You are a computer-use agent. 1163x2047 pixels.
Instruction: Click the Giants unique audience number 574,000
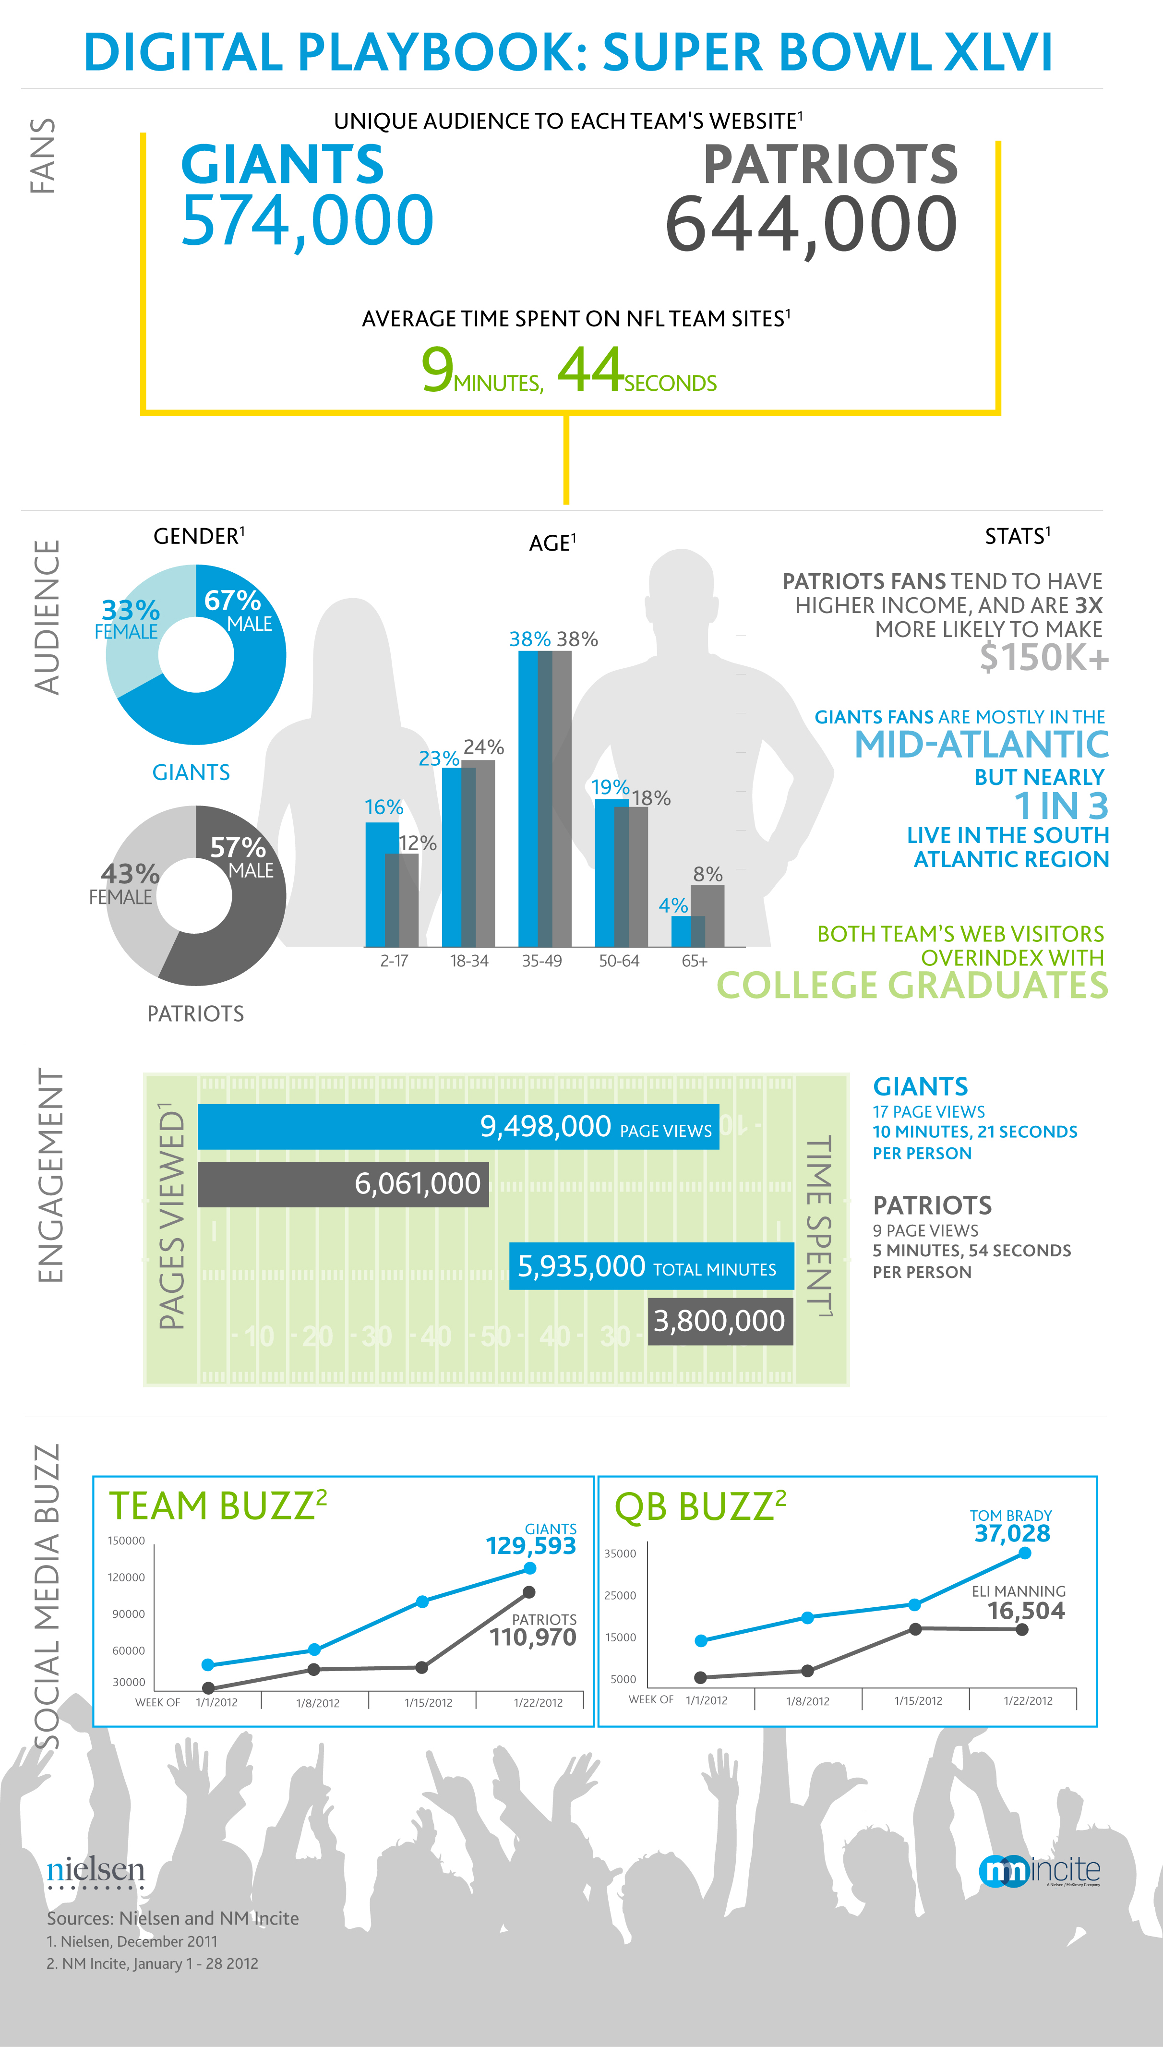click(x=308, y=220)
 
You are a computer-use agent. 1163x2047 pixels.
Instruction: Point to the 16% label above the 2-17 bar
click(x=384, y=807)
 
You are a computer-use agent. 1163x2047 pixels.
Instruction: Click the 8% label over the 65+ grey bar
click(x=707, y=874)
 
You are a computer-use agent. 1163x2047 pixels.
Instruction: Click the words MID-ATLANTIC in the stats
click(x=981, y=745)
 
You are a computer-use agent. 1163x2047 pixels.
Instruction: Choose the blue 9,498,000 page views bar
click(x=458, y=1127)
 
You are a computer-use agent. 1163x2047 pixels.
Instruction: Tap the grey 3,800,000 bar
click(x=719, y=1321)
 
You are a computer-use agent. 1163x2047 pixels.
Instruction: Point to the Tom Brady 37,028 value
click(x=1012, y=1533)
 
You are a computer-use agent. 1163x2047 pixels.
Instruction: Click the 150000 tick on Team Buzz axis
click(x=126, y=1541)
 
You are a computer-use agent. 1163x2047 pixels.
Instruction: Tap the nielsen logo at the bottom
click(x=96, y=1872)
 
